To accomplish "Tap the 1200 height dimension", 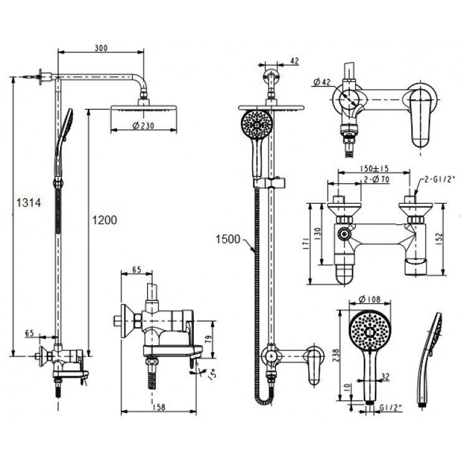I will [x=104, y=219].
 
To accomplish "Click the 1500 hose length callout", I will [x=229, y=239].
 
